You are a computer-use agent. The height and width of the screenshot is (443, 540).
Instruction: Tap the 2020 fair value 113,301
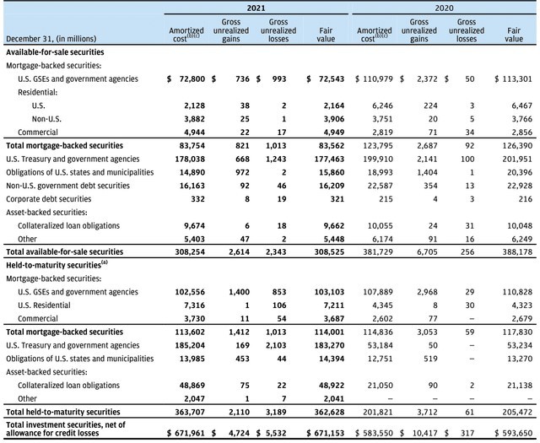517,78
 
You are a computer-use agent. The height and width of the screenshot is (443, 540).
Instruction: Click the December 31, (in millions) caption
50,40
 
